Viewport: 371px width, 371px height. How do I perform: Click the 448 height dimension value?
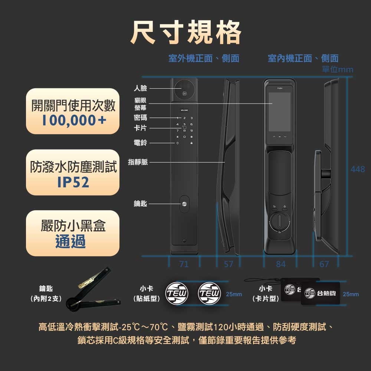point(358,169)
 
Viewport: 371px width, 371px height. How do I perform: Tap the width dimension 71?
point(184,264)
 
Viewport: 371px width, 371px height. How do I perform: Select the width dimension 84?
point(281,264)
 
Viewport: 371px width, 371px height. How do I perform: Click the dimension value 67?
point(324,264)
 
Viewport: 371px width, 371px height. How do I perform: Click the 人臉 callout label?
point(140,88)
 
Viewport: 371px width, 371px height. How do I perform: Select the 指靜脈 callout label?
point(138,162)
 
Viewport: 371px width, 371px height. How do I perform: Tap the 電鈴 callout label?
point(140,142)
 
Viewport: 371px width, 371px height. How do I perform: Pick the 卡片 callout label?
point(140,128)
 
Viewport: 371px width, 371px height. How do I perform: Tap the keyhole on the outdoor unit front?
point(184,204)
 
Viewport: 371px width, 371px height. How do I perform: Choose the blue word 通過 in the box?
point(70,242)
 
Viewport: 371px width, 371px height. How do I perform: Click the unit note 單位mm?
point(338,70)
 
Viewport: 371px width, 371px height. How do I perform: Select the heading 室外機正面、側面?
point(204,58)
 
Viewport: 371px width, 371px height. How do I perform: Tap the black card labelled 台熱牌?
point(320,293)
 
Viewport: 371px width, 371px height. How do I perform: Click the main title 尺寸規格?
point(185,33)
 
